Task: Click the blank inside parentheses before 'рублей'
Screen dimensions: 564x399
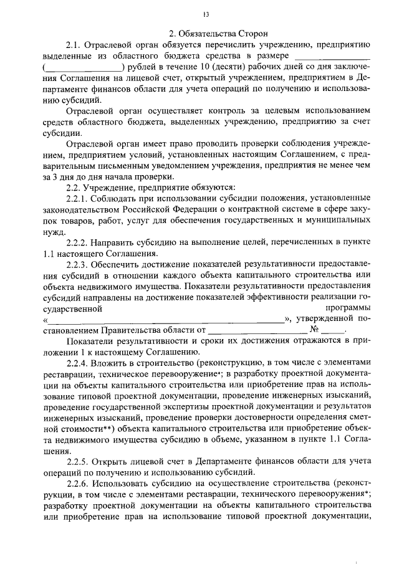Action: click(84, 67)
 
